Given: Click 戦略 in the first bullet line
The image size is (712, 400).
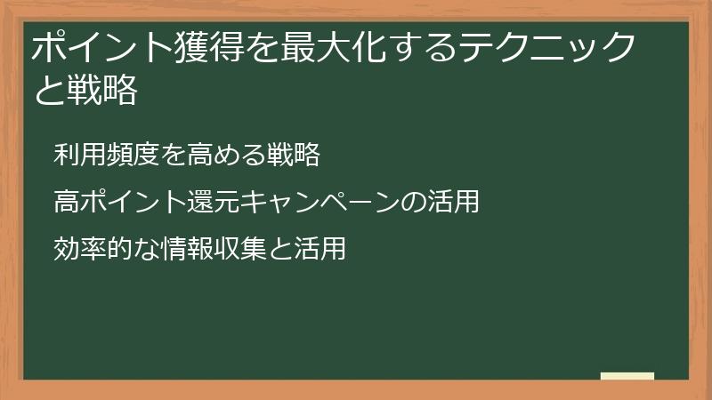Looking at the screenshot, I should (x=293, y=155).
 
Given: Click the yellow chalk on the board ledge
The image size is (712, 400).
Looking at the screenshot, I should (x=627, y=376).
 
